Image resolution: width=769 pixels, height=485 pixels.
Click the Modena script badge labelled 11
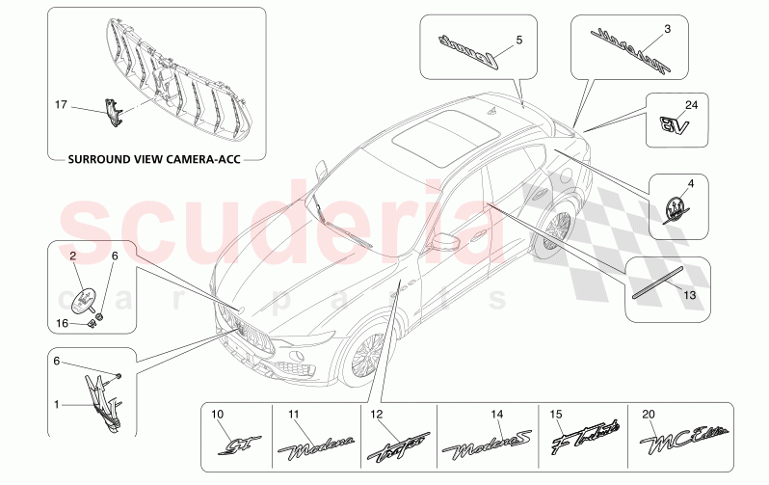[x=315, y=447]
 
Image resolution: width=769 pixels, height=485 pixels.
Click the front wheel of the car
[x=366, y=355]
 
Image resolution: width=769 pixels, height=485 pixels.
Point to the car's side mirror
[x=445, y=241]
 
